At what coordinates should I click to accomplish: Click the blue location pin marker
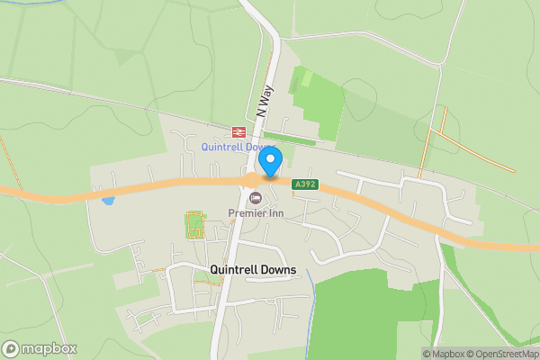coord(270,162)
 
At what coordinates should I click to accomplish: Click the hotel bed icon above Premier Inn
coord(256,198)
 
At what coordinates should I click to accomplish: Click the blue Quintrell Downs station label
coord(238,147)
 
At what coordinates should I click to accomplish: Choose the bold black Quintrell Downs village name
coord(253,269)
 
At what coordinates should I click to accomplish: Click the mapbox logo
coord(40,348)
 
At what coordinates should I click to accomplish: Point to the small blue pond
coord(108,199)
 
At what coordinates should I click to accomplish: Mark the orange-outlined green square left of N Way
coord(194,224)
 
